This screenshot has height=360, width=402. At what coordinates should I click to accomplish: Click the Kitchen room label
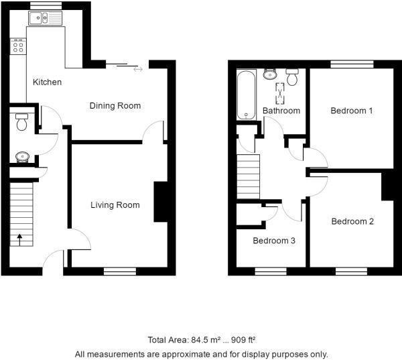47,82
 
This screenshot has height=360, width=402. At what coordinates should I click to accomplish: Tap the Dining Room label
115,106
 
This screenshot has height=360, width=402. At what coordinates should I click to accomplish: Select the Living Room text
115,205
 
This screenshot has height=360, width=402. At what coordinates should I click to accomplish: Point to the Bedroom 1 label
352,111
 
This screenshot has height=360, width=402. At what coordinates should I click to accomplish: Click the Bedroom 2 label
352,221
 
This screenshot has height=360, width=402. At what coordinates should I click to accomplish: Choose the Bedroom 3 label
274,241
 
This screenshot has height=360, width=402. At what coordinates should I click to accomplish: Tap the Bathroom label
281,111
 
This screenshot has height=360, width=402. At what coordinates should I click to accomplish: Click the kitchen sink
46,18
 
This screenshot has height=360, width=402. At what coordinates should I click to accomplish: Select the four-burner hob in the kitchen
18,46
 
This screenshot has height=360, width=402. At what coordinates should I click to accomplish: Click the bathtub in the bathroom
247,95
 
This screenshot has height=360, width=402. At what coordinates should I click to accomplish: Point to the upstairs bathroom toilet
292,76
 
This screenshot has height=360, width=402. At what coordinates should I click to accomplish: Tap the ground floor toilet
22,122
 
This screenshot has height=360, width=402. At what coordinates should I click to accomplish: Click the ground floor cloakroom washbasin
23,157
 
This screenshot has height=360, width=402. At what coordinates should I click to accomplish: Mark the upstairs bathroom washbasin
270,74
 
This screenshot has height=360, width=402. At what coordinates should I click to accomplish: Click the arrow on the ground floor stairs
19,239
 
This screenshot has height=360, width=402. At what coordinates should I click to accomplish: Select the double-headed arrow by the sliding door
138,69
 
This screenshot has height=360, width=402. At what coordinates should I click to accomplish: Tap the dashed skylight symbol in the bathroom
280,93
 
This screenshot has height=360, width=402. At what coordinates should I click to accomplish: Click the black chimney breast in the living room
161,202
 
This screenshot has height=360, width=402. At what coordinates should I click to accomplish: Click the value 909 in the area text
238,340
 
